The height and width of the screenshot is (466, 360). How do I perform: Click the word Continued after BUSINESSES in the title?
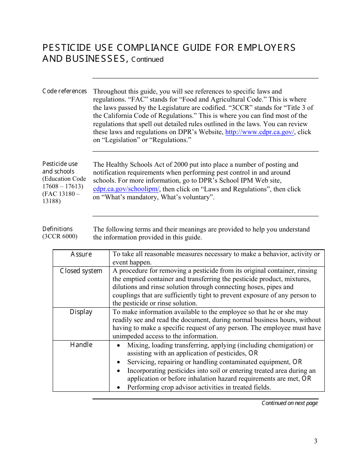147,59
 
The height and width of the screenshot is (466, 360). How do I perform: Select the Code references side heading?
64,91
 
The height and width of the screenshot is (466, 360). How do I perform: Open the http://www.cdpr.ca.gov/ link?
260,132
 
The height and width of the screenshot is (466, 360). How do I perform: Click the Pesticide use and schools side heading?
60,167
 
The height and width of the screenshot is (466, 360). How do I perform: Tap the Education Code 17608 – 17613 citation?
64,182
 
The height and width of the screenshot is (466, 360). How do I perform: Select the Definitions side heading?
57,229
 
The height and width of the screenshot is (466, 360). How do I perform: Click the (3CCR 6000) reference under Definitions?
60,236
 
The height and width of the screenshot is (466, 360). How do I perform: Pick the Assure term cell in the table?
81,254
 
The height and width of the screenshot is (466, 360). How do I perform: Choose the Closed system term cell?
81,271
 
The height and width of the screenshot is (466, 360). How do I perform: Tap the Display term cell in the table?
81,312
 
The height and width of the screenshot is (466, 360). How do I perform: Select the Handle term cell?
81,345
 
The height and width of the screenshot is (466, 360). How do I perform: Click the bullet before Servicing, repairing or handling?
119,362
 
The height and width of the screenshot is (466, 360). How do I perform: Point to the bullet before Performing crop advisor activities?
119,388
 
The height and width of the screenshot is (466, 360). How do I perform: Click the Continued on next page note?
290,403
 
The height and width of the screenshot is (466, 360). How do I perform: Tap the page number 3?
315,441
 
